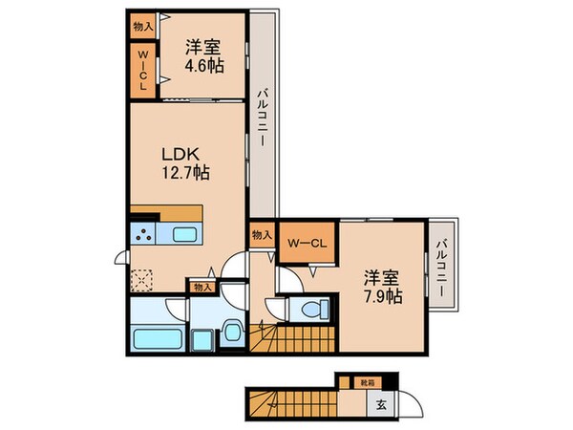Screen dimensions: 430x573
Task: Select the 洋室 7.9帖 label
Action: (380, 287)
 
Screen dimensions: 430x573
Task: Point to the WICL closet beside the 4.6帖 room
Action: (142, 70)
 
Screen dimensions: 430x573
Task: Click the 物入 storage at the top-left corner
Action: (141, 26)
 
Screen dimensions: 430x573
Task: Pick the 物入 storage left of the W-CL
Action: (261, 233)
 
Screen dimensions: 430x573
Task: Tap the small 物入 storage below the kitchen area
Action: (202, 286)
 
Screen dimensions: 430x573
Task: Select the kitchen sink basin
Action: (183, 234)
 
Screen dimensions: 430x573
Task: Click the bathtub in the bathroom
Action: (154, 337)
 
